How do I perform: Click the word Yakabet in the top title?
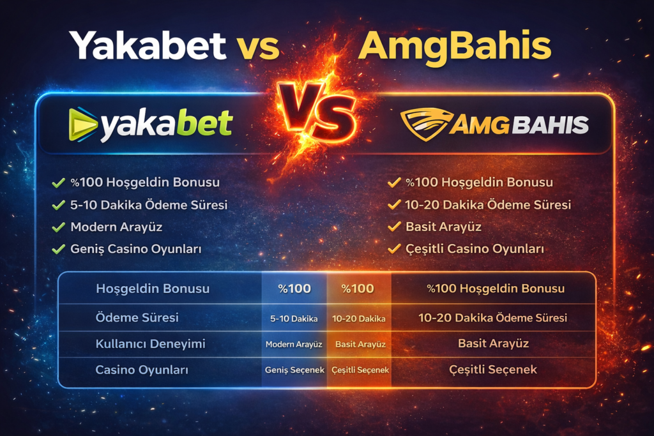[148, 46]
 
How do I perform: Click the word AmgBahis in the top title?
[455, 46]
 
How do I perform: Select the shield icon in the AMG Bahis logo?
[423, 124]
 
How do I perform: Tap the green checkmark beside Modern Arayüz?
[59, 227]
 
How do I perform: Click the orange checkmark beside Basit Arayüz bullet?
[394, 227]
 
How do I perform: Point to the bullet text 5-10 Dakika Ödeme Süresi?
[149, 205]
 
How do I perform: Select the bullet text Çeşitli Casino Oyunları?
[475, 248]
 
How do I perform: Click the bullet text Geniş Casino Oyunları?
[136, 248]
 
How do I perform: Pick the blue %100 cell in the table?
[294, 289]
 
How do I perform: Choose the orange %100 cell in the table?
[358, 289]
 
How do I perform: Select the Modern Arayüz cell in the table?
[294, 344]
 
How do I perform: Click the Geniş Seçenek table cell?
[294, 370]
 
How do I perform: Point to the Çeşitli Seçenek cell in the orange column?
[358, 370]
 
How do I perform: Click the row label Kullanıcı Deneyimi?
[150, 344]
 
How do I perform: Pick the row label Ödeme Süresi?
[137, 317]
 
